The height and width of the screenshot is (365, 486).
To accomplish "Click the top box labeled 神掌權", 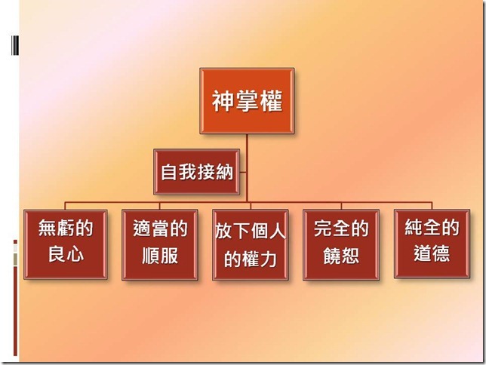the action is click(x=247, y=102).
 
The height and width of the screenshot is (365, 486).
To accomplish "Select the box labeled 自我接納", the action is click(x=197, y=171).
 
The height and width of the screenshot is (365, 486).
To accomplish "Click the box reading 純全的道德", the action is click(x=431, y=242).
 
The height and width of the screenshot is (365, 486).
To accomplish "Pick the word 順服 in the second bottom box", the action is click(x=160, y=255).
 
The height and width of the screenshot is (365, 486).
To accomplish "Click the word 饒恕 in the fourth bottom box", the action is click(x=341, y=255).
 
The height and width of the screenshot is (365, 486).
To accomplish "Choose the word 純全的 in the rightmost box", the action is click(x=432, y=229).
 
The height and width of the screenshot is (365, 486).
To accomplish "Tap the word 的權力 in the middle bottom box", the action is click(x=251, y=259).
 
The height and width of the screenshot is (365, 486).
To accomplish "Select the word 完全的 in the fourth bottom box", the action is click(x=341, y=229).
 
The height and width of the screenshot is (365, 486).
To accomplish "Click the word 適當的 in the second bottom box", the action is click(x=160, y=229).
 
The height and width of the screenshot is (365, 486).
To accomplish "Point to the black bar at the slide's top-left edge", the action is click(x=15, y=47).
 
